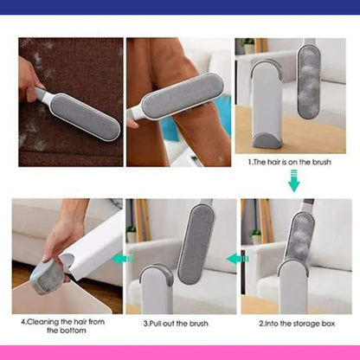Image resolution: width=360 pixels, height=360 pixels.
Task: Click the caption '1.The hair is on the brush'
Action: (289, 162)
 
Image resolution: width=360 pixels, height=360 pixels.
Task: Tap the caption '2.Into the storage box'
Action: (297, 324)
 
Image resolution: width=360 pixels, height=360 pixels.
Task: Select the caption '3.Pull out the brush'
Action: (176, 324)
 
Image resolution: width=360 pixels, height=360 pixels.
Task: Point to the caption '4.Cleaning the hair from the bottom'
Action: (63, 326)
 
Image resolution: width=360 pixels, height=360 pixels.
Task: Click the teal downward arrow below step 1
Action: (294, 181)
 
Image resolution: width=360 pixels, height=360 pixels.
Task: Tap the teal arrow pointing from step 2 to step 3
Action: (237, 259)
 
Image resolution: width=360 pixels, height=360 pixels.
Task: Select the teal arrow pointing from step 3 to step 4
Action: (123, 259)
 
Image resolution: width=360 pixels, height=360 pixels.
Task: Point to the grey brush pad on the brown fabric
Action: (86, 116)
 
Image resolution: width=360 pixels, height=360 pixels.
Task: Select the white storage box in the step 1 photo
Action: (266, 104)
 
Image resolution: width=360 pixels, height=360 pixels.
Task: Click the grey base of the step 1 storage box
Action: (267, 140)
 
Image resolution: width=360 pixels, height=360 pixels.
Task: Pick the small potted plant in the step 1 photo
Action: (247, 46)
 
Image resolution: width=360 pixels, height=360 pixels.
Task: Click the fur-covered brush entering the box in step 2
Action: (299, 236)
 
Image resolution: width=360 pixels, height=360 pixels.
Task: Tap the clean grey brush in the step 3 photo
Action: (196, 244)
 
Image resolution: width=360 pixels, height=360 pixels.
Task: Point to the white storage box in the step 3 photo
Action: (157, 289)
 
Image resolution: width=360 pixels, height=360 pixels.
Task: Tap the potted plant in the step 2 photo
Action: (256, 236)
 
